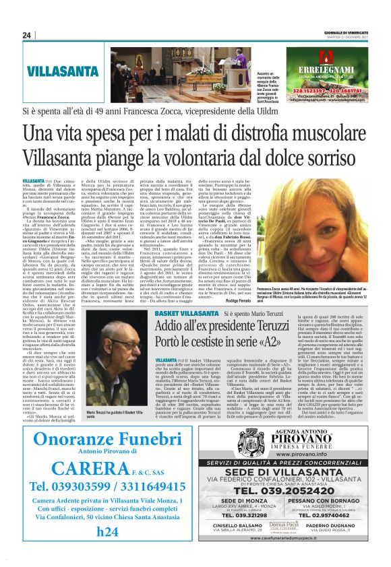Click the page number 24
(x=28, y=36)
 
